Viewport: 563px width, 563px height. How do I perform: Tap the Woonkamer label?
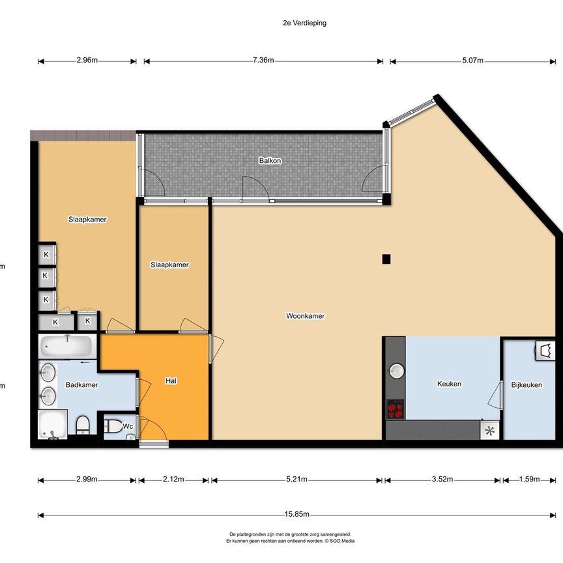pyautogui.click(x=305, y=316)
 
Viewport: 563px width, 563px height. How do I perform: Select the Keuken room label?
pyautogui.click(x=448, y=384)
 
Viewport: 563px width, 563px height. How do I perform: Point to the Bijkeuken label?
pyautogui.click(x=527, y=385)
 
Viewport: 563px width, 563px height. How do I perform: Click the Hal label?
pyautogui.click(x=171, y=381)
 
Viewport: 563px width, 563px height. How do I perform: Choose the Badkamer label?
pyautogui.click(x=82, y=385)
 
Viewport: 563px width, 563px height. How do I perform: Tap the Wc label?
pyautogui.click(x=128, y=426)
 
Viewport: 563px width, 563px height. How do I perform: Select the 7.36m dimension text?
pyautogui.click(x=263, y=61)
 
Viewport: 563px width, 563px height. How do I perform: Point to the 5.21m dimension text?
pyautogui.click(x=296, y=480)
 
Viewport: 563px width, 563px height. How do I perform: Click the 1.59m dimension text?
pyautogui.click(x=528, y=480)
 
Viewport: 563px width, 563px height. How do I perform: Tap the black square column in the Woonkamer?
pyautogui.click(x=386, y=259)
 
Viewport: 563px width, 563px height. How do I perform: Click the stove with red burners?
pyautogui.click(x=395, y=409)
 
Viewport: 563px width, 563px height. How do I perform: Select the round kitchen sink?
pyautogui.click(x=396, y=371)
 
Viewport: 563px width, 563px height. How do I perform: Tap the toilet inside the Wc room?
pyautogui.click(x=113, y=427)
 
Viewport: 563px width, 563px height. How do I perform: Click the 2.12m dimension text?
pyautogui.click(x=173, y=480)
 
